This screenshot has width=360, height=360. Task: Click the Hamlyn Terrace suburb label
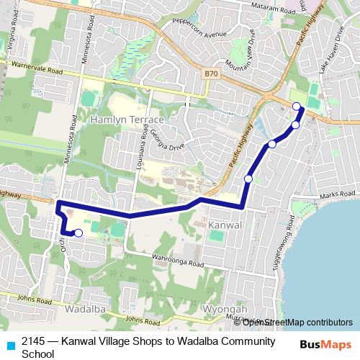click(x=127, y=119)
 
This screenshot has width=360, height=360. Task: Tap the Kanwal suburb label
click(x=229, y=225)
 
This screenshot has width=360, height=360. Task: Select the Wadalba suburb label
click(x=86, y=308)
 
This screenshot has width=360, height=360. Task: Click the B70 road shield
click(x=210, y=73)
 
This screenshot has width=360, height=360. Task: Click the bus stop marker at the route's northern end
click(x=297, y=107)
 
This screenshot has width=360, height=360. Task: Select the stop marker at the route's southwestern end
click(x=78, y=233)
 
